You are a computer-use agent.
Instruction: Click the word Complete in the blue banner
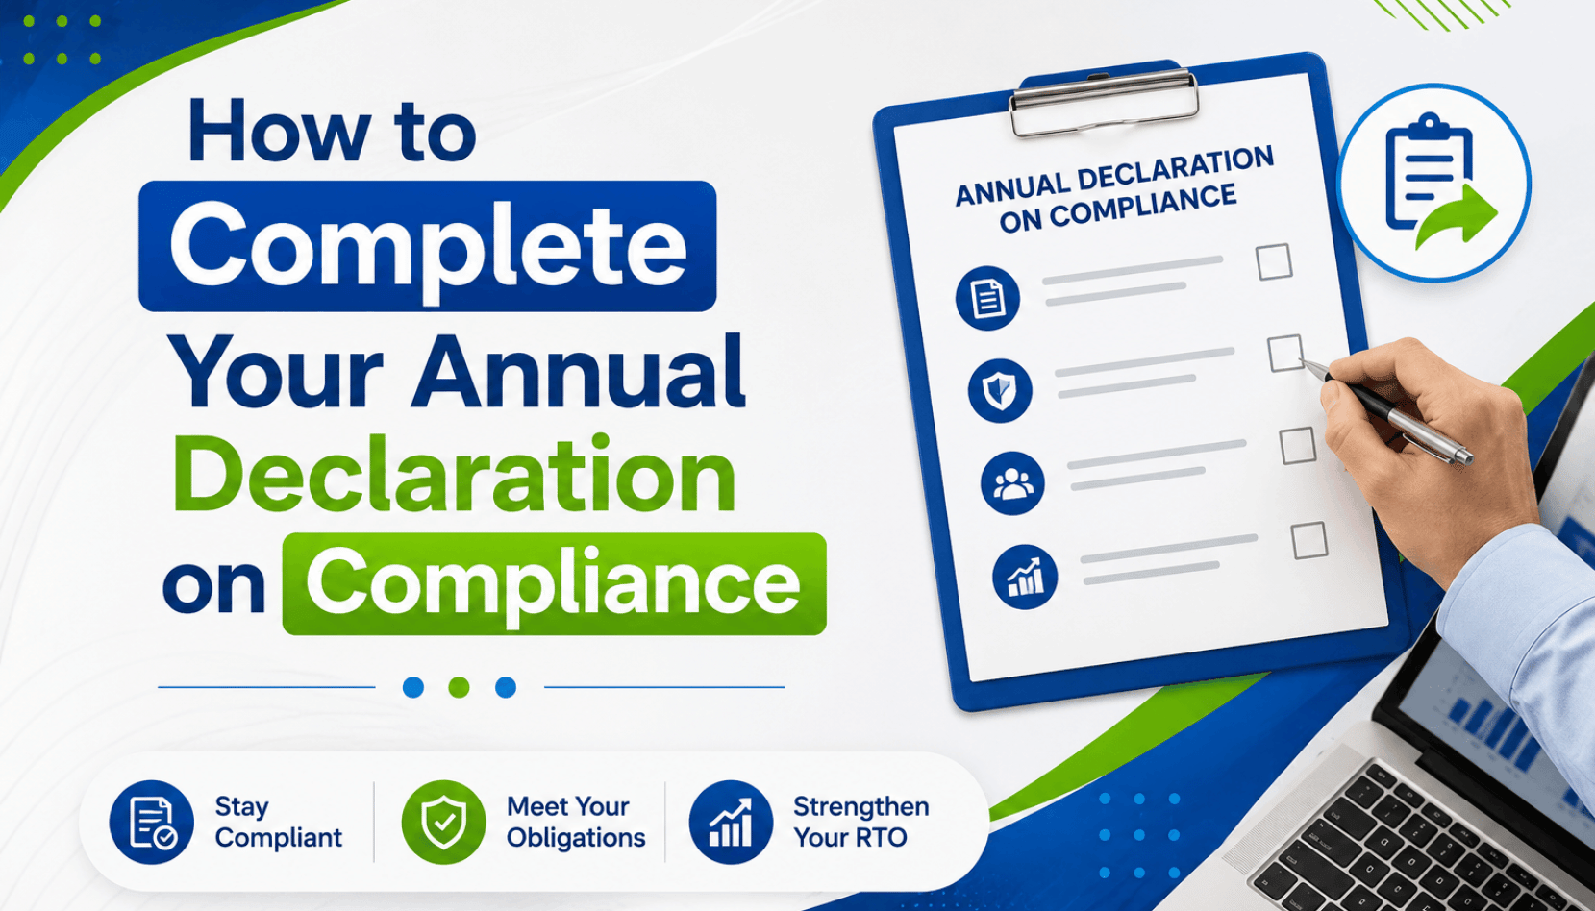pos(428,246)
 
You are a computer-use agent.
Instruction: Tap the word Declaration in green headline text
pos(455,474)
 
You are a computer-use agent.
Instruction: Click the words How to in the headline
pos(333,133)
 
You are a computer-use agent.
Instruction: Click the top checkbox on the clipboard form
pos(1274,261)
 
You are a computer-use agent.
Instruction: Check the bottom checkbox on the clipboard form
pos(1309,540)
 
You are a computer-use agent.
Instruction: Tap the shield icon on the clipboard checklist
pos(1000,391)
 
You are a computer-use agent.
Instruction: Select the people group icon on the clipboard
pos(1012,483)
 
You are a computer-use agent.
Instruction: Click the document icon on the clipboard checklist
pos(987,298)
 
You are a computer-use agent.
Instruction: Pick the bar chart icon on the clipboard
pos(1025,577)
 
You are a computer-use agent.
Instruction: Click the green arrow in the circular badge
pos(1457,216)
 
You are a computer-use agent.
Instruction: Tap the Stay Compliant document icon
pos(152,822)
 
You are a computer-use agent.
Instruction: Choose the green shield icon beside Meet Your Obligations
pos(443,822)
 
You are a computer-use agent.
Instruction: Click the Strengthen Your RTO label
pos(860,822)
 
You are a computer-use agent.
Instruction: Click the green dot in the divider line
pos(460,687)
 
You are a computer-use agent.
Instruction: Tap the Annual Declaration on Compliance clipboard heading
pos(1115,189)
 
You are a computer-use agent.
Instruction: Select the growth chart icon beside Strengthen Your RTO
pos(732,822)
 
